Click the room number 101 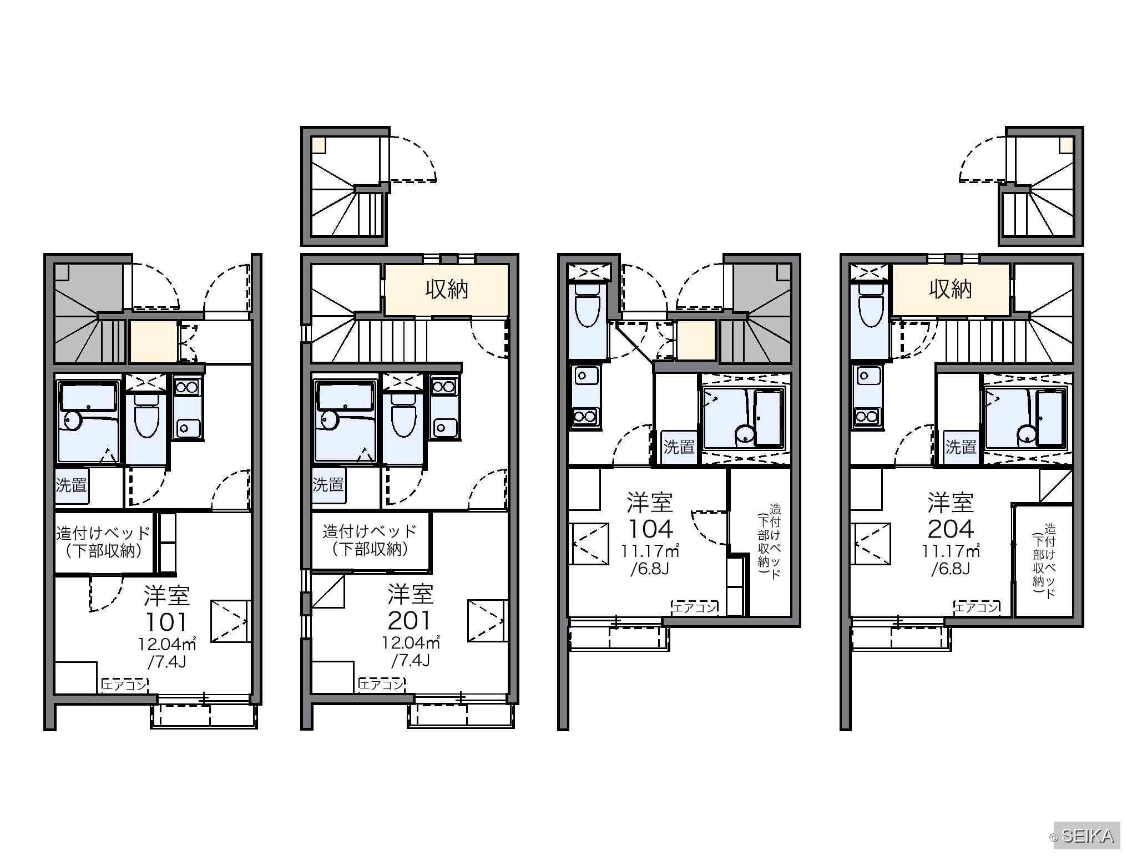tap(166, 622)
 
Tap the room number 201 tap(410, 621)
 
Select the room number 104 tap(650, 529)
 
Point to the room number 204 tap(951, 529)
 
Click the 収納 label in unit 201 tap(447, 289)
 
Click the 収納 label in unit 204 tap(951, 289)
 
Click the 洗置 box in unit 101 tap(72, 485)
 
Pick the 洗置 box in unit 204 tap(961, 447)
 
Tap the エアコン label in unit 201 tap(381, 685)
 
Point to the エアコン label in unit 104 tap(695, 607)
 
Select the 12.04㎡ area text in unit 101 tap(166, 644)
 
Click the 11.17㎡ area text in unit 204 tap(951, 551)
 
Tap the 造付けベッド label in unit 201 tap(370, 531)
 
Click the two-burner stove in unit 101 tap(188, 386)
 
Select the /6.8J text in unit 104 tap(650, 569)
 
